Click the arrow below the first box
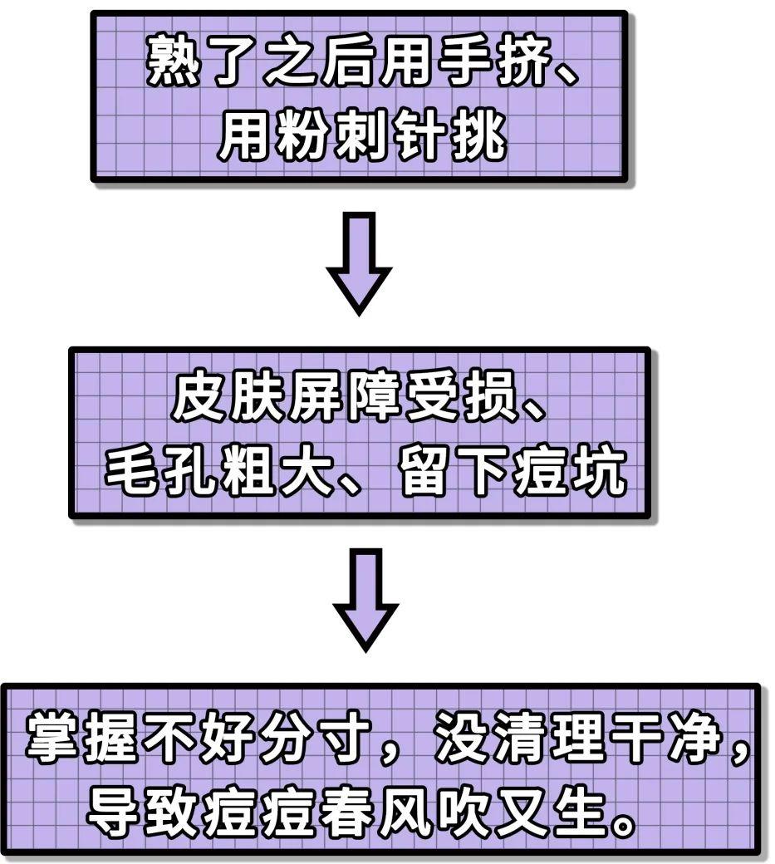click(x=358, y=263)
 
